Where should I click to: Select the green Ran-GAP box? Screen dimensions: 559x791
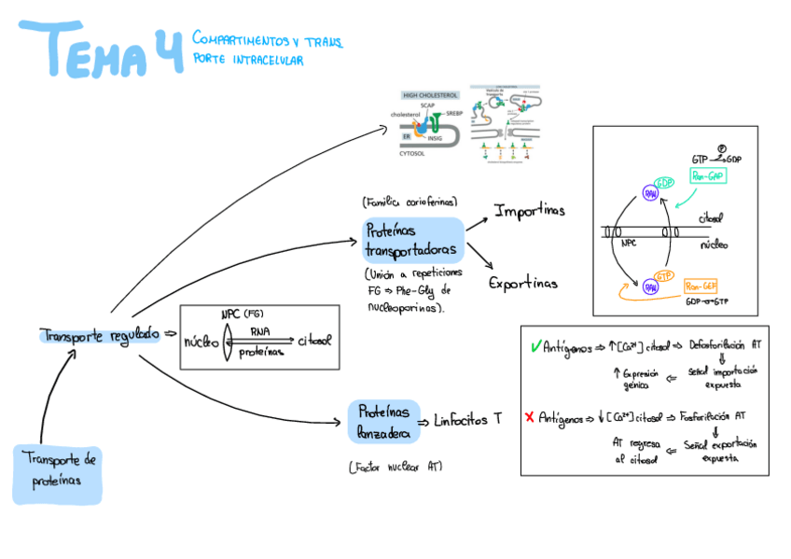tap(707, 175)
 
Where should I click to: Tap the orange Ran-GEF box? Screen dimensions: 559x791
tap(700, 286)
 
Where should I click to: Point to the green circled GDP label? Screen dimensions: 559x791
tap(664, 182)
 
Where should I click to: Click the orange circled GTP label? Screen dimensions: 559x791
tap(663, 276)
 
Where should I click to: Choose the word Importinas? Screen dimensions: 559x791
tap(529, 211)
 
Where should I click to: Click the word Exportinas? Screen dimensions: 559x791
tap(523, 282)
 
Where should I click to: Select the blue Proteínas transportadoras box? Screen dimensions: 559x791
tap(412, 240)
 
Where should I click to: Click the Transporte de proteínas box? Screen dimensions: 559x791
tap(57, 472)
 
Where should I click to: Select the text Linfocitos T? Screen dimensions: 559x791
tap(467, 420)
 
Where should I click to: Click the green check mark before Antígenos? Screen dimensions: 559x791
tap(534, 346)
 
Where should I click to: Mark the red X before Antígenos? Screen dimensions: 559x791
tap(530, 416)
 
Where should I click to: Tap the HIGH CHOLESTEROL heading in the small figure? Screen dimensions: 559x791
tap(429, 95)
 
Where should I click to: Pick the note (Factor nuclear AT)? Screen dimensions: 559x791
tap(395, 466)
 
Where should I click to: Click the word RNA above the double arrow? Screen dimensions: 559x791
tap(260, 330)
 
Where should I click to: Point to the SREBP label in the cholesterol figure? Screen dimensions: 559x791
tap(455, 113)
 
